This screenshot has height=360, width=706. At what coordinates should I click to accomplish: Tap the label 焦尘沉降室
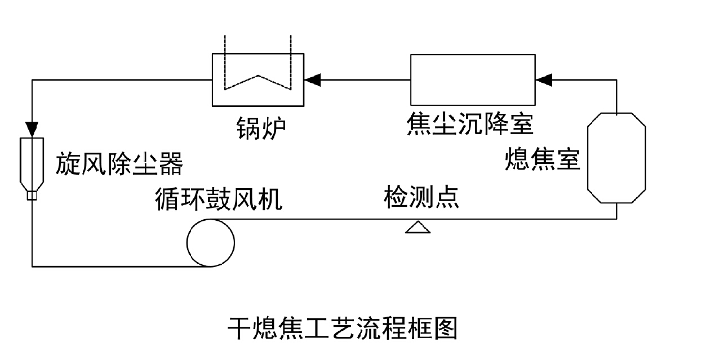pyautogui.click(x=469, y=125)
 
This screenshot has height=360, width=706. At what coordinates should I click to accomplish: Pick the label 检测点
pyautogui.click(x=421, y=198)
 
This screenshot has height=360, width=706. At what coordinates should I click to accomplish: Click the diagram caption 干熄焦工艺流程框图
pyautogui.click(x=342, y=328)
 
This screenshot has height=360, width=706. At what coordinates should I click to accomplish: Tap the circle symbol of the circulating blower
pyautogui.click(x=211, y=242)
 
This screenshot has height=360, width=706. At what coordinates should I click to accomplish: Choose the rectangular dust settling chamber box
pyautogui.click(x=473, y=79)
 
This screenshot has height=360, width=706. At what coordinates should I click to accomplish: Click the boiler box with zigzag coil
pyautogui.click(x=258, y=79)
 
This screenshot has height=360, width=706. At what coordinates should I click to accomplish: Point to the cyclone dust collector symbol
pyautogui.click(x=32, y=163)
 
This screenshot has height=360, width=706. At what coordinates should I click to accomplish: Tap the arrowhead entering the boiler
pyautogui.click(x=312, y=80)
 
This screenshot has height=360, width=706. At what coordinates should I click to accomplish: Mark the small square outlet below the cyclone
pyautogui.click(x=32, y=195)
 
